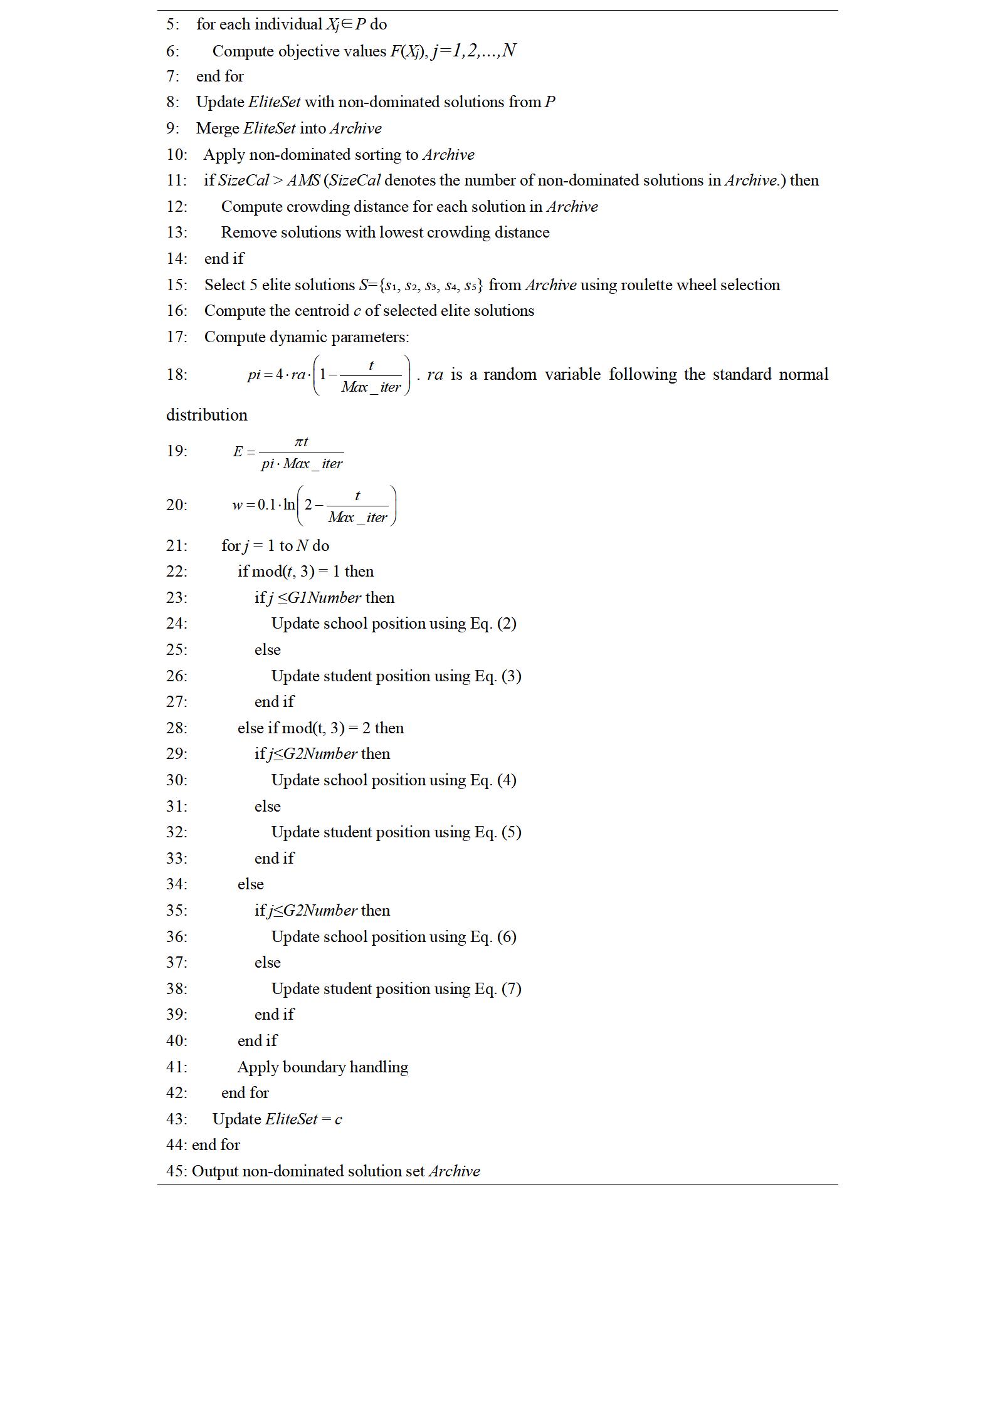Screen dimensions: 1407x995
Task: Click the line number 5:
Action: click(172, 24)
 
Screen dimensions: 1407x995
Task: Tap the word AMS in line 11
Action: click(303, 180)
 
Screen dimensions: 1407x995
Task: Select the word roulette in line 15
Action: click(647, 285)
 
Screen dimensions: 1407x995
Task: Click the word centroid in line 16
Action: click(323, 311)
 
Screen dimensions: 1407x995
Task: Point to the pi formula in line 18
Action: click(329, 375)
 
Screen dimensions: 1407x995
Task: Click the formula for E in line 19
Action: click(288, 452)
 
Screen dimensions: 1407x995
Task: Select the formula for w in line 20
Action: click(313, 505)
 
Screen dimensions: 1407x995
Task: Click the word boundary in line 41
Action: click(313, 1067)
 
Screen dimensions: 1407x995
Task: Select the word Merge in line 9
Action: click(218, 128)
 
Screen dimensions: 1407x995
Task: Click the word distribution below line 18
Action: click(207, 415)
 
